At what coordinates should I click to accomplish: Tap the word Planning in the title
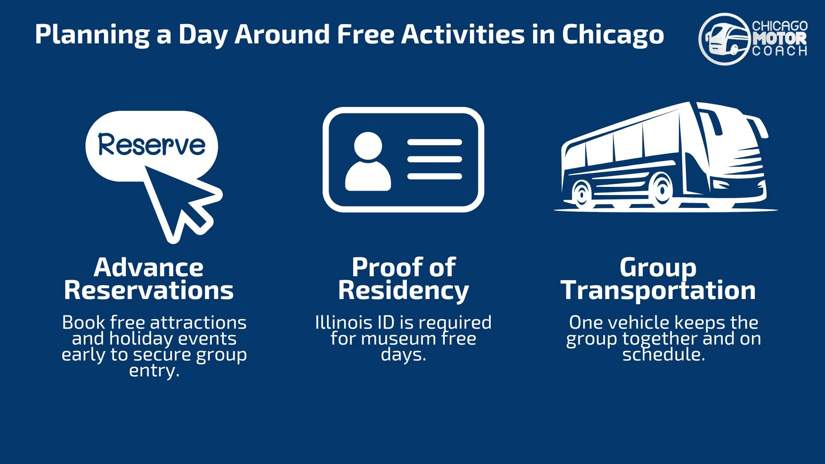(92, 34)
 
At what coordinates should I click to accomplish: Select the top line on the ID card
(434, 142)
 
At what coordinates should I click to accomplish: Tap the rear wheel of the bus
(582, 194)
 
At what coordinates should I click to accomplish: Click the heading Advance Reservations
(149, 279)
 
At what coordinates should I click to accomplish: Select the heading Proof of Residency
(403, 279)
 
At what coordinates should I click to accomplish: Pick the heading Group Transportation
(658, 279)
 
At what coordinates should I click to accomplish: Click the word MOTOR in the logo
(779, 39)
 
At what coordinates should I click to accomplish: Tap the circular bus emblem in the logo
(724, 39)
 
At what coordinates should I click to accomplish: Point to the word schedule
(663, 355)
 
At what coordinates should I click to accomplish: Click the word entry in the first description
(154, 371)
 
